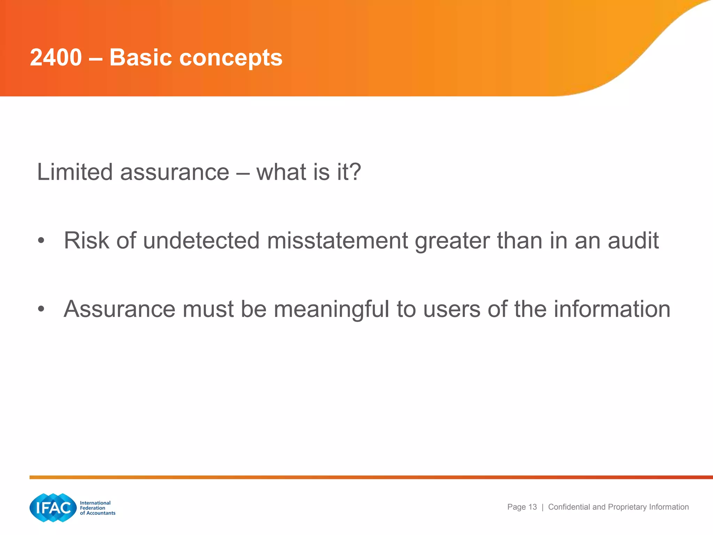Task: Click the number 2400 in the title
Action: click(56, 57)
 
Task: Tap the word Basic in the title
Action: click(141, 57)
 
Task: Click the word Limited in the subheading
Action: click(75, 172)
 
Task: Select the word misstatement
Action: click(337, 241)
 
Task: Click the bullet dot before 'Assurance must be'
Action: click(41, 309)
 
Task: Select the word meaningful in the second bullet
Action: click(331, 309)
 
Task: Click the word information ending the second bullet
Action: click(612, 309)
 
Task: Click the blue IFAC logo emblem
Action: click(53, 508)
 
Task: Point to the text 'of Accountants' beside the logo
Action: click(97, 513)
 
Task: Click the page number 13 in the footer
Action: click(532, 507)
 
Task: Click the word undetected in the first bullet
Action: click(201, 241)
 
